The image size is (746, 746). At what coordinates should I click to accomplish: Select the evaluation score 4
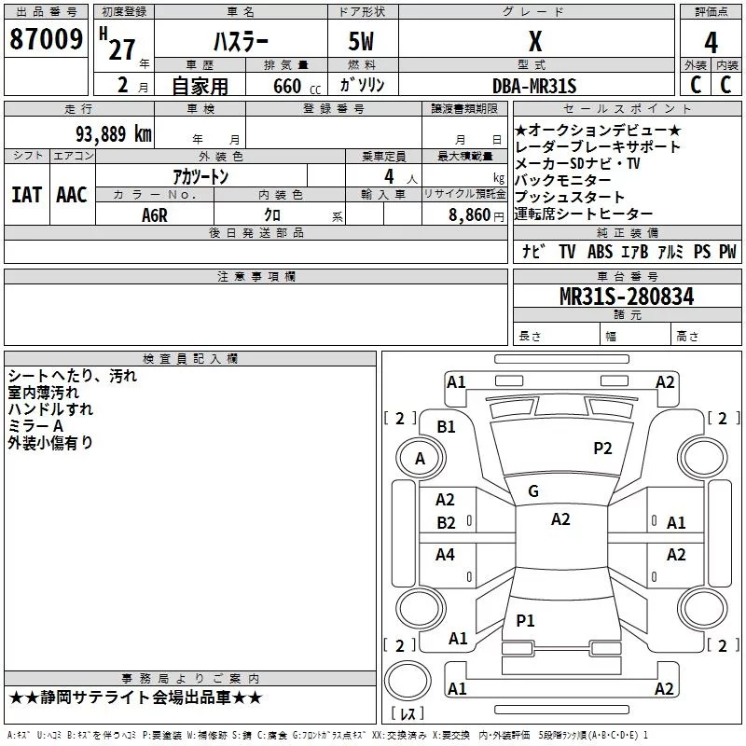(x=711, y=43)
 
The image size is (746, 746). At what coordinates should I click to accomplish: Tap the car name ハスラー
(x=241, y=43)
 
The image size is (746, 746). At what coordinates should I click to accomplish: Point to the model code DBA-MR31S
(x=534, y=87)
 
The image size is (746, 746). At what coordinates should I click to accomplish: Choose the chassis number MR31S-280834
(x=627, y=297)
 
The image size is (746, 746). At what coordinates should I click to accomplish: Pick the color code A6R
(x=155, y=214)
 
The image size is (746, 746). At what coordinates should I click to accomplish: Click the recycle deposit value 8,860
(x=469, y=214)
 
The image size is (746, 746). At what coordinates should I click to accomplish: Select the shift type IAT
(x=26, y=194)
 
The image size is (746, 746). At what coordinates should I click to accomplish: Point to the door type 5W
(x=362, y=43)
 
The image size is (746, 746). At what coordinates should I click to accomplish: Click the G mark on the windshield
(x=533, y=491)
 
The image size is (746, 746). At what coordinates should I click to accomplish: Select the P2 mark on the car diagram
(x=603, y=449)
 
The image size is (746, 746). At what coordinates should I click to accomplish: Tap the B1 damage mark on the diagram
(x=447, y=426)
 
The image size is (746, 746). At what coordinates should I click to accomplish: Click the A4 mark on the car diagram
(x=446, y=555)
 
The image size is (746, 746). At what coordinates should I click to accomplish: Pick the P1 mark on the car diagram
(x=526, y=620)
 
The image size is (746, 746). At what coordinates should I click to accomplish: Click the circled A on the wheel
(x=420, y=458)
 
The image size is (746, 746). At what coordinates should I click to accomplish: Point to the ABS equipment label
(x=600, y=252)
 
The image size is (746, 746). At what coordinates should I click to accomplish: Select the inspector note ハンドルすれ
(x=50, y=409)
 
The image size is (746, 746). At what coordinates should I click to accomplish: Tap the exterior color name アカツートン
(x=200, y=175)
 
